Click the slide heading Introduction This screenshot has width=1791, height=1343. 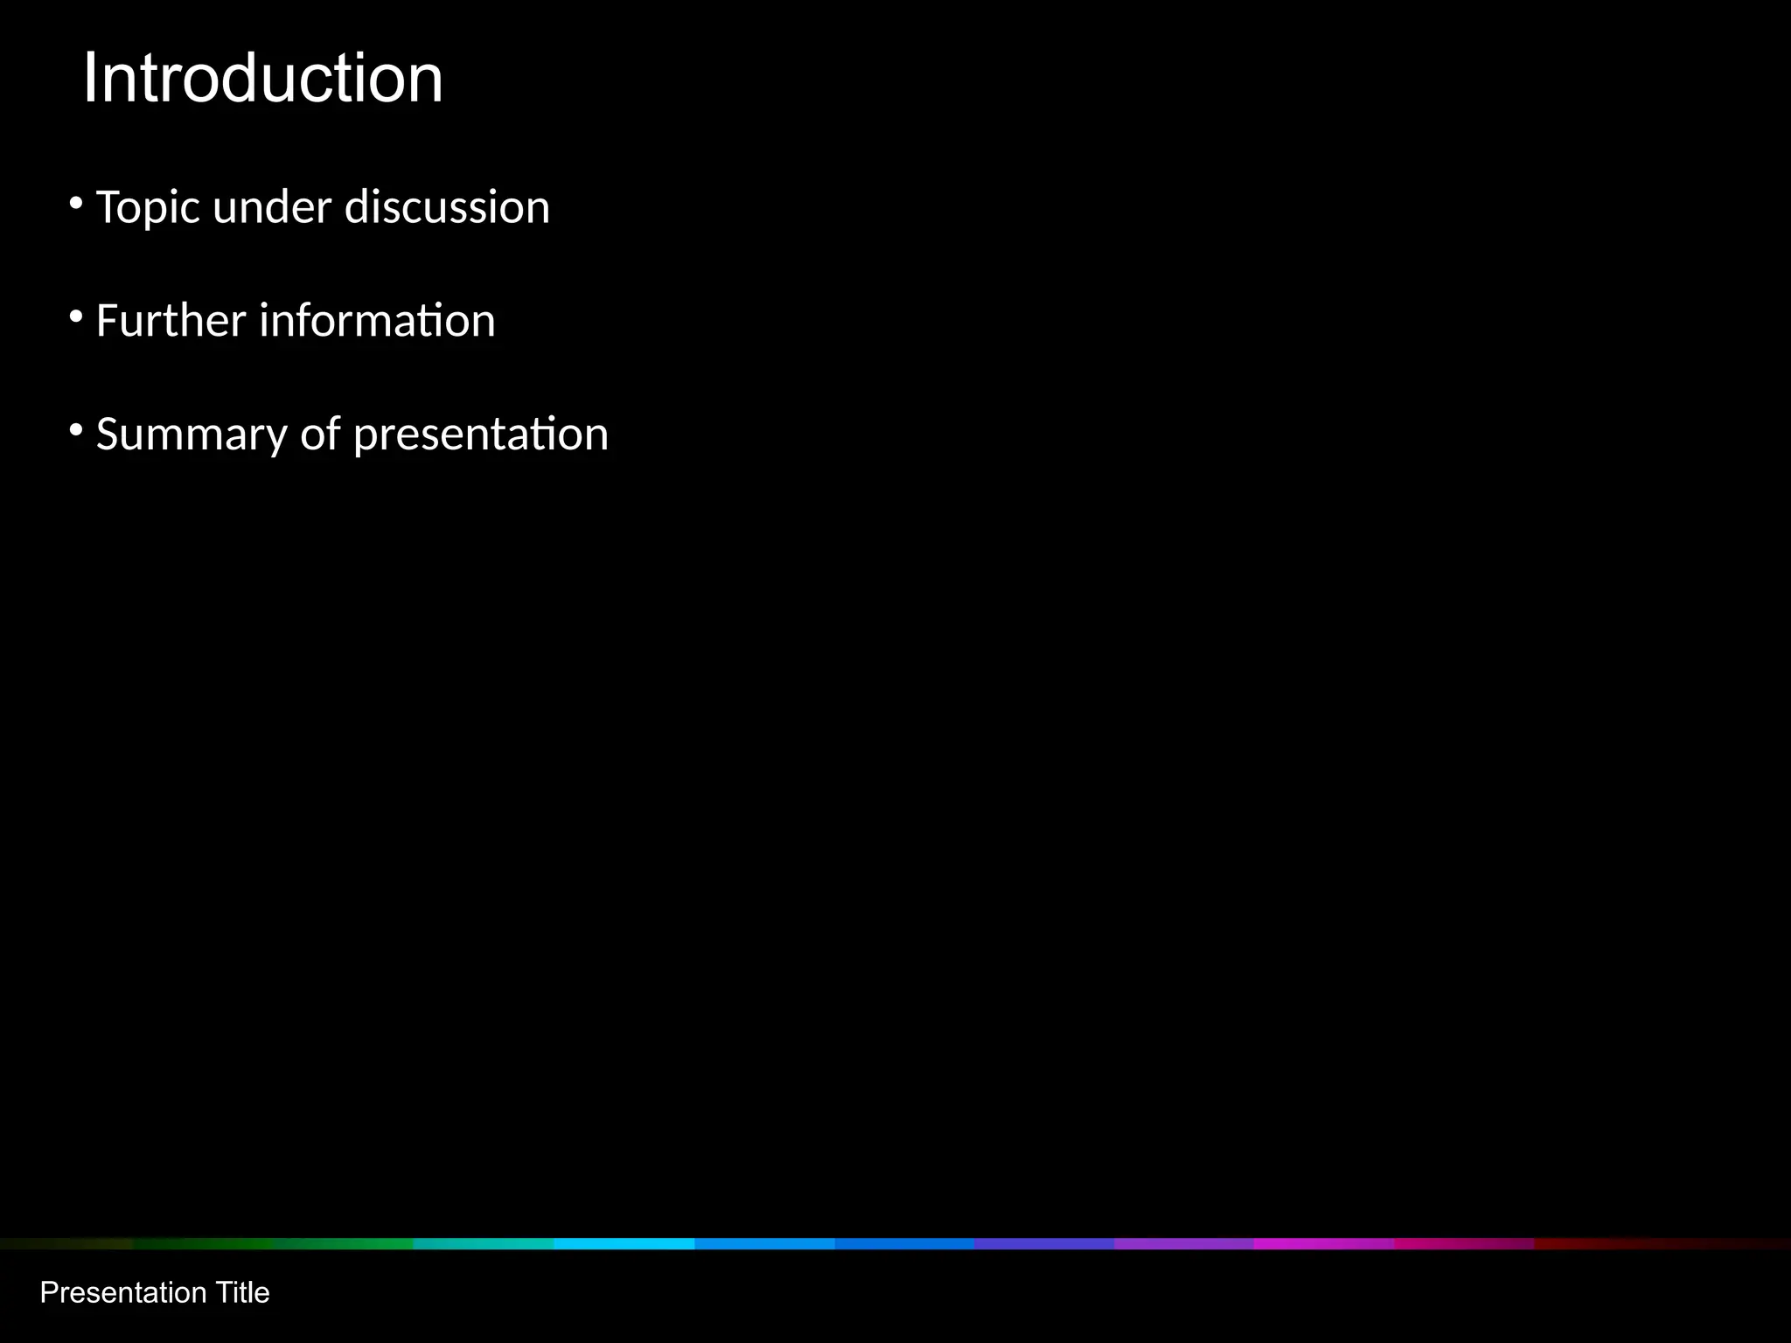pyautogui.click(x=262, y=79)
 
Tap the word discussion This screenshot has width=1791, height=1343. pyautogui.click(x=447, y=208)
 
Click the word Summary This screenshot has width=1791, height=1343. pyautogui.click(x=192, y=435)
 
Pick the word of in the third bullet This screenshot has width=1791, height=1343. pyautogui.click(x=320, y=434)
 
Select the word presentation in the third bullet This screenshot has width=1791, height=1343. pyautogui.click(x=480, y=435)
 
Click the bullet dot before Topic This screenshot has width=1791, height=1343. pyautogui.click(x=76, y=205)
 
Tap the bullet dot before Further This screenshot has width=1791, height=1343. pyautogui.click(x=76, y=317)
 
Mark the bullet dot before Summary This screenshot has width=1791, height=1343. pyautogui.click(x=76, y=430)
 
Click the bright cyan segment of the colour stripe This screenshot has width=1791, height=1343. pyautogui.click(x=624, y=1243)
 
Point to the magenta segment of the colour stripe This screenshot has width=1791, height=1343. pyautogui.click(x=1324, y=1243)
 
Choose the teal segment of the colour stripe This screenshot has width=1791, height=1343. pyautogui.click(x=484, y=1243)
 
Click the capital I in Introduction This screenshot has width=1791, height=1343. pyautogui.click(x=89, y=79)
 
